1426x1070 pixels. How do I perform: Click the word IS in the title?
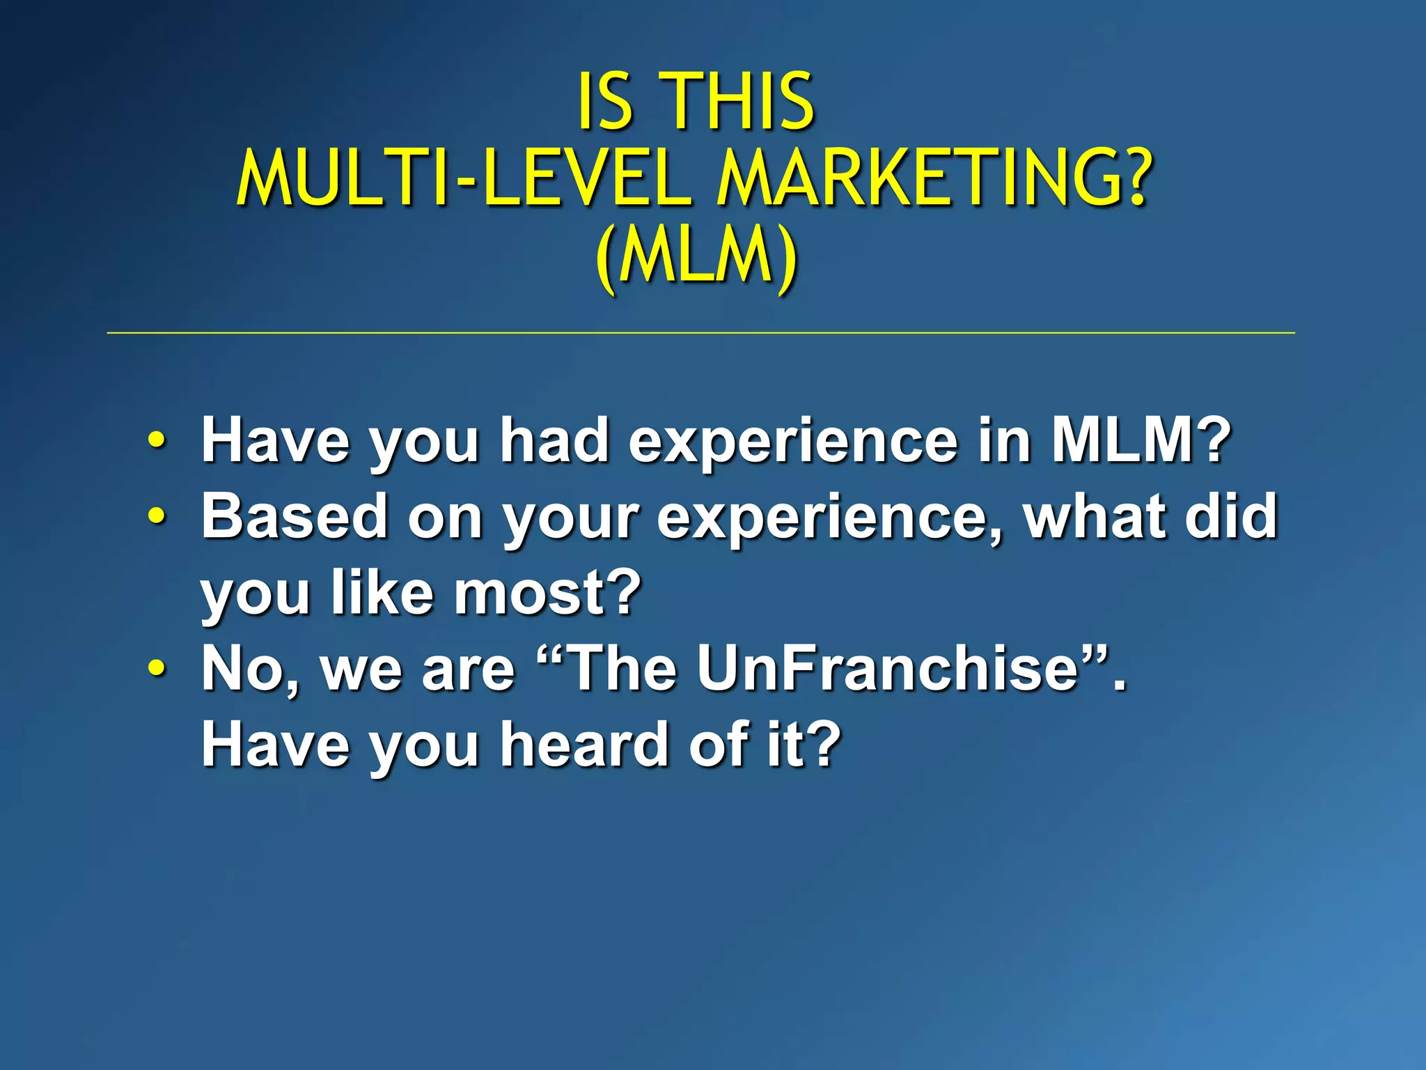click(x=604, y=102)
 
